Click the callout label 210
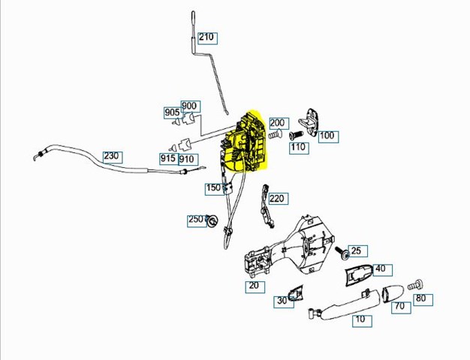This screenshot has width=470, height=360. [207, 38]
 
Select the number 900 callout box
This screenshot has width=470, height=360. [191, 106]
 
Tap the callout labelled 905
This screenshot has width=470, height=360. [173, 112]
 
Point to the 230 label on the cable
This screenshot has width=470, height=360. [113, 157]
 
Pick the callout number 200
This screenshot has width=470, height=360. [279, 123]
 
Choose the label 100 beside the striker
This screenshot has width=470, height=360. [329, 136]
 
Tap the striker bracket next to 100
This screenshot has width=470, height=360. [310, 121]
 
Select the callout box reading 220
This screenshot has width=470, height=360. [278, 199]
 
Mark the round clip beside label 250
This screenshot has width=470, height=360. [213, 220]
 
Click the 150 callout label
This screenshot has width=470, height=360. [215, 189]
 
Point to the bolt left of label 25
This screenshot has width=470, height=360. [342, 252]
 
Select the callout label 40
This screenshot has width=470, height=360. [382, 269]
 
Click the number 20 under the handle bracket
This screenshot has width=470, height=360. [255, 286]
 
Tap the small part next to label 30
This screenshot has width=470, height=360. [296, 292]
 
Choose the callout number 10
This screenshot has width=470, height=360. [362, 321]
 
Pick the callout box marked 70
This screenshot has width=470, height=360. [401, 307]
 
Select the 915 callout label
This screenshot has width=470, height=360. [169, 159]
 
